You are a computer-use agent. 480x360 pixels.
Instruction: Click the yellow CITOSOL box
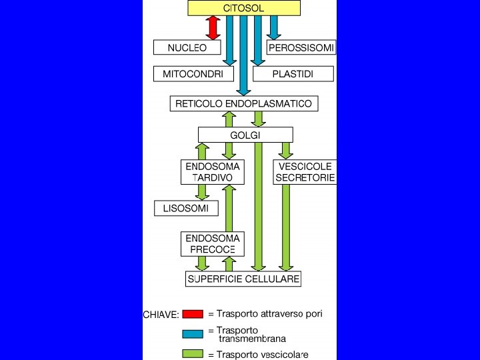point(243,8)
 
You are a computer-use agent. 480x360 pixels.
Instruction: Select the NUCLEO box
point(187,47)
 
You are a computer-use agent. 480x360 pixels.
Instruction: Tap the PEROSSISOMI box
point(301,47)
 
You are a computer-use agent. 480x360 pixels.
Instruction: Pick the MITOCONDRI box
point(193,73)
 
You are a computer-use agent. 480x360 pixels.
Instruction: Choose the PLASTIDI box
point(293,73)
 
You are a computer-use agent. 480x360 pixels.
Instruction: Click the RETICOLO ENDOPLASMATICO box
point(243,104)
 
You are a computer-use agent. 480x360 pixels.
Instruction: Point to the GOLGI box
point(245,135)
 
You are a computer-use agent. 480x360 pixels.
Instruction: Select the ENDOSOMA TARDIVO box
point(213,171)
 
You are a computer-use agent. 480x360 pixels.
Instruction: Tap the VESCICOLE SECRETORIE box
point(305,171)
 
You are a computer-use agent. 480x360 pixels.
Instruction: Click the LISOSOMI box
point(186,208)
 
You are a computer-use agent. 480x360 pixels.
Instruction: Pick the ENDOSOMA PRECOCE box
point(213,243)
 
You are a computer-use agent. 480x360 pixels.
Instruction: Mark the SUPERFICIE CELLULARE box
point(243,278)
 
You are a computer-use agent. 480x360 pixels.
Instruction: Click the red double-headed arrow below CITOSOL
point(213,28)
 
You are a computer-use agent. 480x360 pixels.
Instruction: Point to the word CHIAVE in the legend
point(161,315)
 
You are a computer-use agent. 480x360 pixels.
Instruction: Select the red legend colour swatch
point(193,314)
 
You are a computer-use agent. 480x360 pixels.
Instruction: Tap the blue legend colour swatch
point(193,333)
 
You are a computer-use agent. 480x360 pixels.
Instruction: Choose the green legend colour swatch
point(193,354)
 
